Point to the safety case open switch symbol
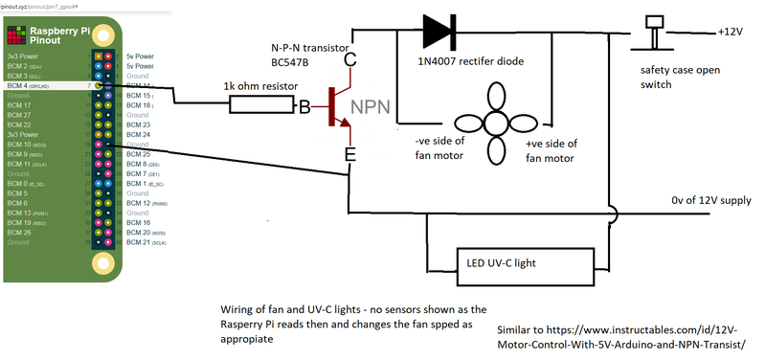coord(654,34)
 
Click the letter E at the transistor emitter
coord(350,153)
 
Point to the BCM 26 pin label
coord(19,232)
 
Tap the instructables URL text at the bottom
coord(620,336)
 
